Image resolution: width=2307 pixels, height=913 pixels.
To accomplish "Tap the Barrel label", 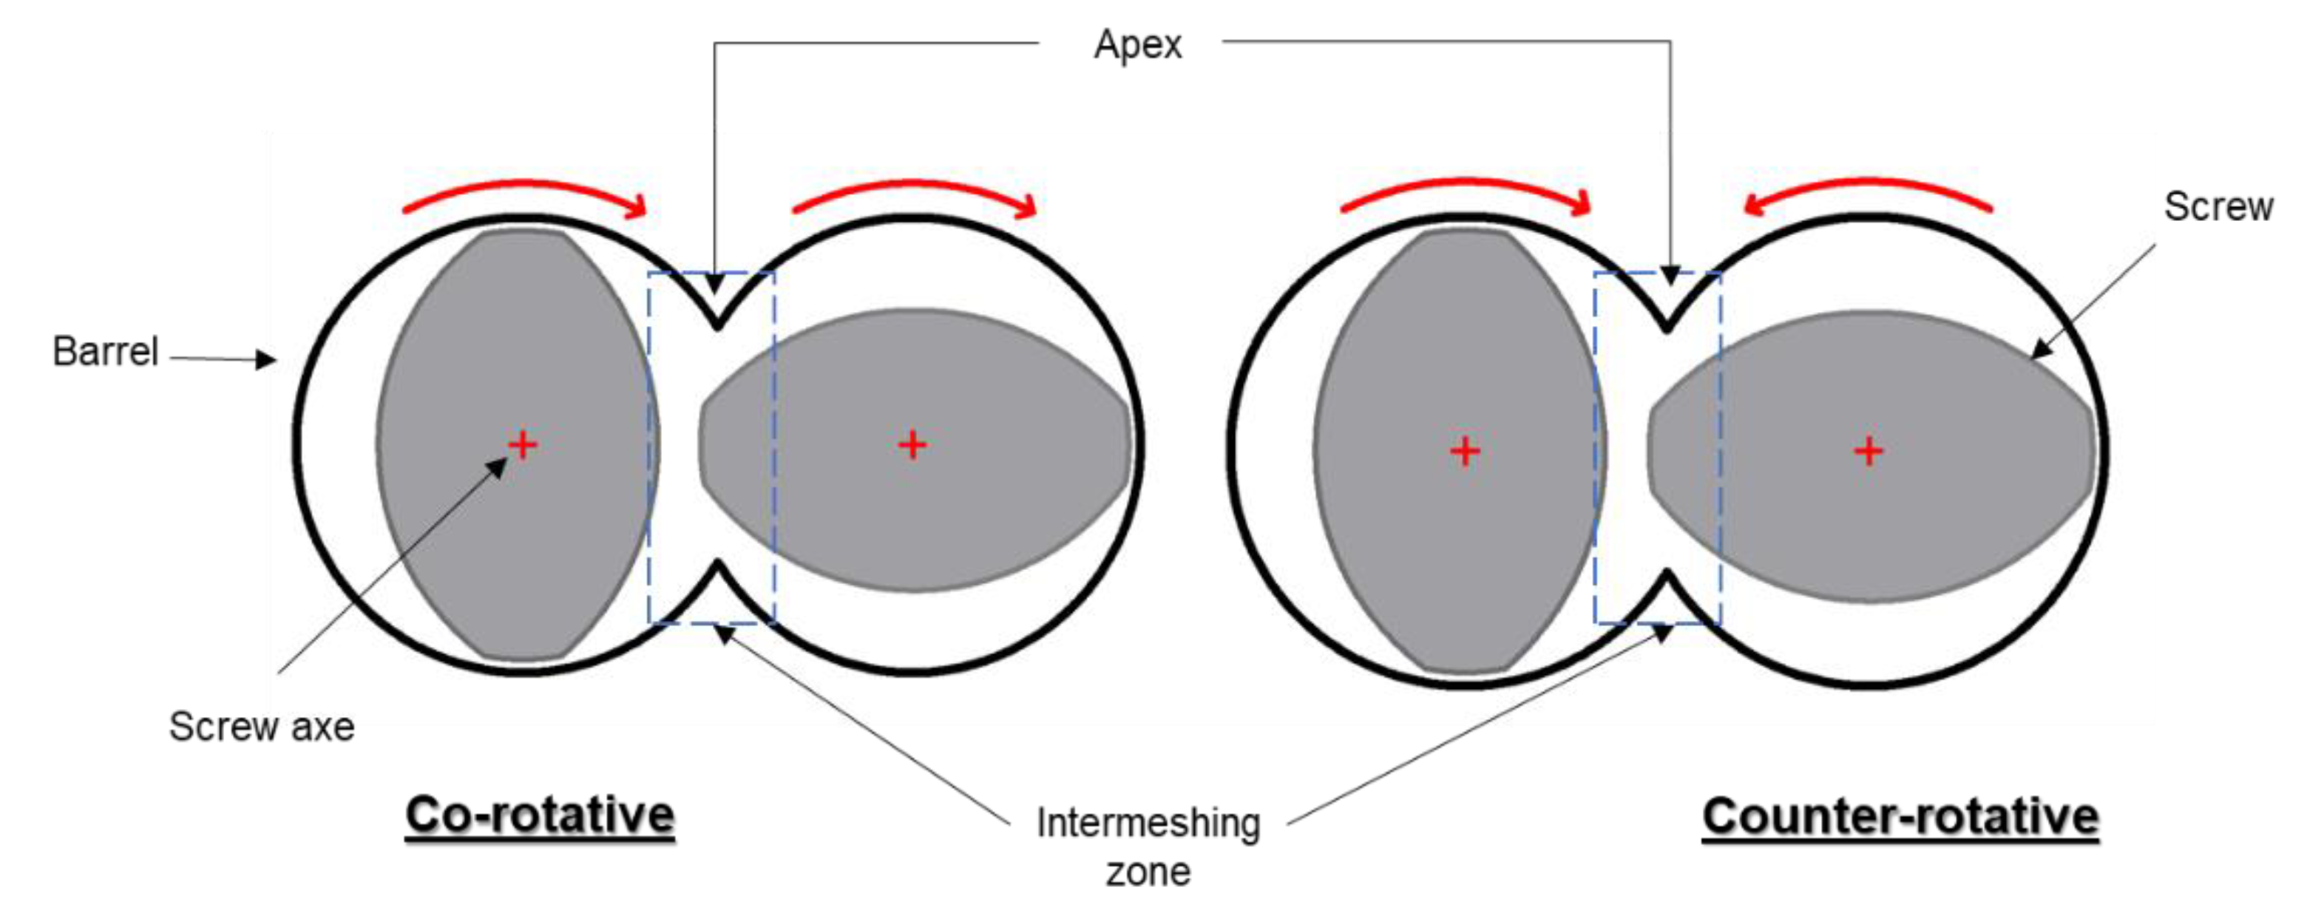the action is [105, 351].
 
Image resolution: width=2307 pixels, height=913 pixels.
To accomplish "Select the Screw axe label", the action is [262, 726].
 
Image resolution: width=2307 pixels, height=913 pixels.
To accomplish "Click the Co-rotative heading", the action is [540, 815].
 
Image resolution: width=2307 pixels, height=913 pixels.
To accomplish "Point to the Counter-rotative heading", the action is [1900, 816].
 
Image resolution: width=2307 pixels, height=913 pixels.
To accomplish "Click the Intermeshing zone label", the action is [1148, 846].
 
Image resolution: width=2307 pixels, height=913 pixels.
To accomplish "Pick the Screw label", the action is [2218, 207].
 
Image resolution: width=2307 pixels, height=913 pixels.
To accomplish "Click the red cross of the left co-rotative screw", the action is [523, 445].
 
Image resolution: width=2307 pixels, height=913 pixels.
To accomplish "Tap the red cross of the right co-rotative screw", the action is [912, 445].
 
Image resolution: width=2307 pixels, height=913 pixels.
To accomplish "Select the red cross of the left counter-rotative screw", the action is [1465, 451].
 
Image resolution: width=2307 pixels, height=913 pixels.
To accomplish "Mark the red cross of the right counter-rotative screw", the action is [1869, 451].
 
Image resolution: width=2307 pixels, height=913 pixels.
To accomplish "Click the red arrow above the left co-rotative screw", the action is [524, 192].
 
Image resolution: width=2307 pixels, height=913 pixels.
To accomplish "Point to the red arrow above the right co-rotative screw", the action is [913, 192].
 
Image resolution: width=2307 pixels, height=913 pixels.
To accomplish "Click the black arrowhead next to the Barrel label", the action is [265, 360].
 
